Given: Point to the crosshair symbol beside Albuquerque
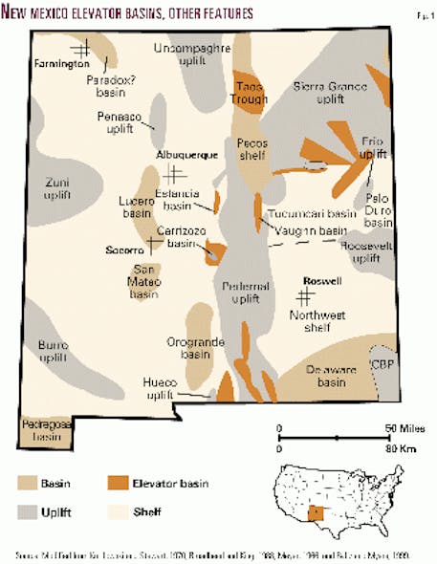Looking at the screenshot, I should (174, 174).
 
